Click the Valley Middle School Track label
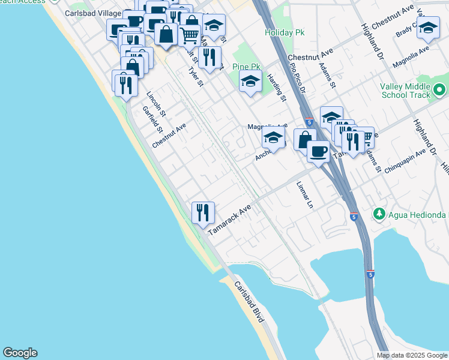tap(406, 91)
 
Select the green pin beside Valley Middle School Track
tap(439, 91)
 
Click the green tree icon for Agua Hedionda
tap(379, 214)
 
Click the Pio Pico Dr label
tap(298, 78)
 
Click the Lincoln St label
tap(156, 103)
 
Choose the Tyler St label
tap(194, 77)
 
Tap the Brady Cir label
tap(406, 29)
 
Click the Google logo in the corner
tap(20, 353)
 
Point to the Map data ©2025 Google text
tap(412, 355)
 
